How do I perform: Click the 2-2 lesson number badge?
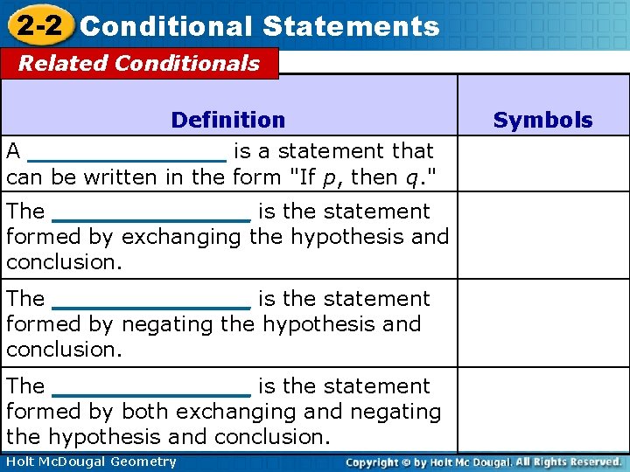coord(38,25)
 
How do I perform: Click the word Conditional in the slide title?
coord(165,26)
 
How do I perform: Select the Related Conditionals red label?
coord(139,64)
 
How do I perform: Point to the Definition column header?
coord(228,120)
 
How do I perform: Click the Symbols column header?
coord(542,120)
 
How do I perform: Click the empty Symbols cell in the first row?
coord(542,163)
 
